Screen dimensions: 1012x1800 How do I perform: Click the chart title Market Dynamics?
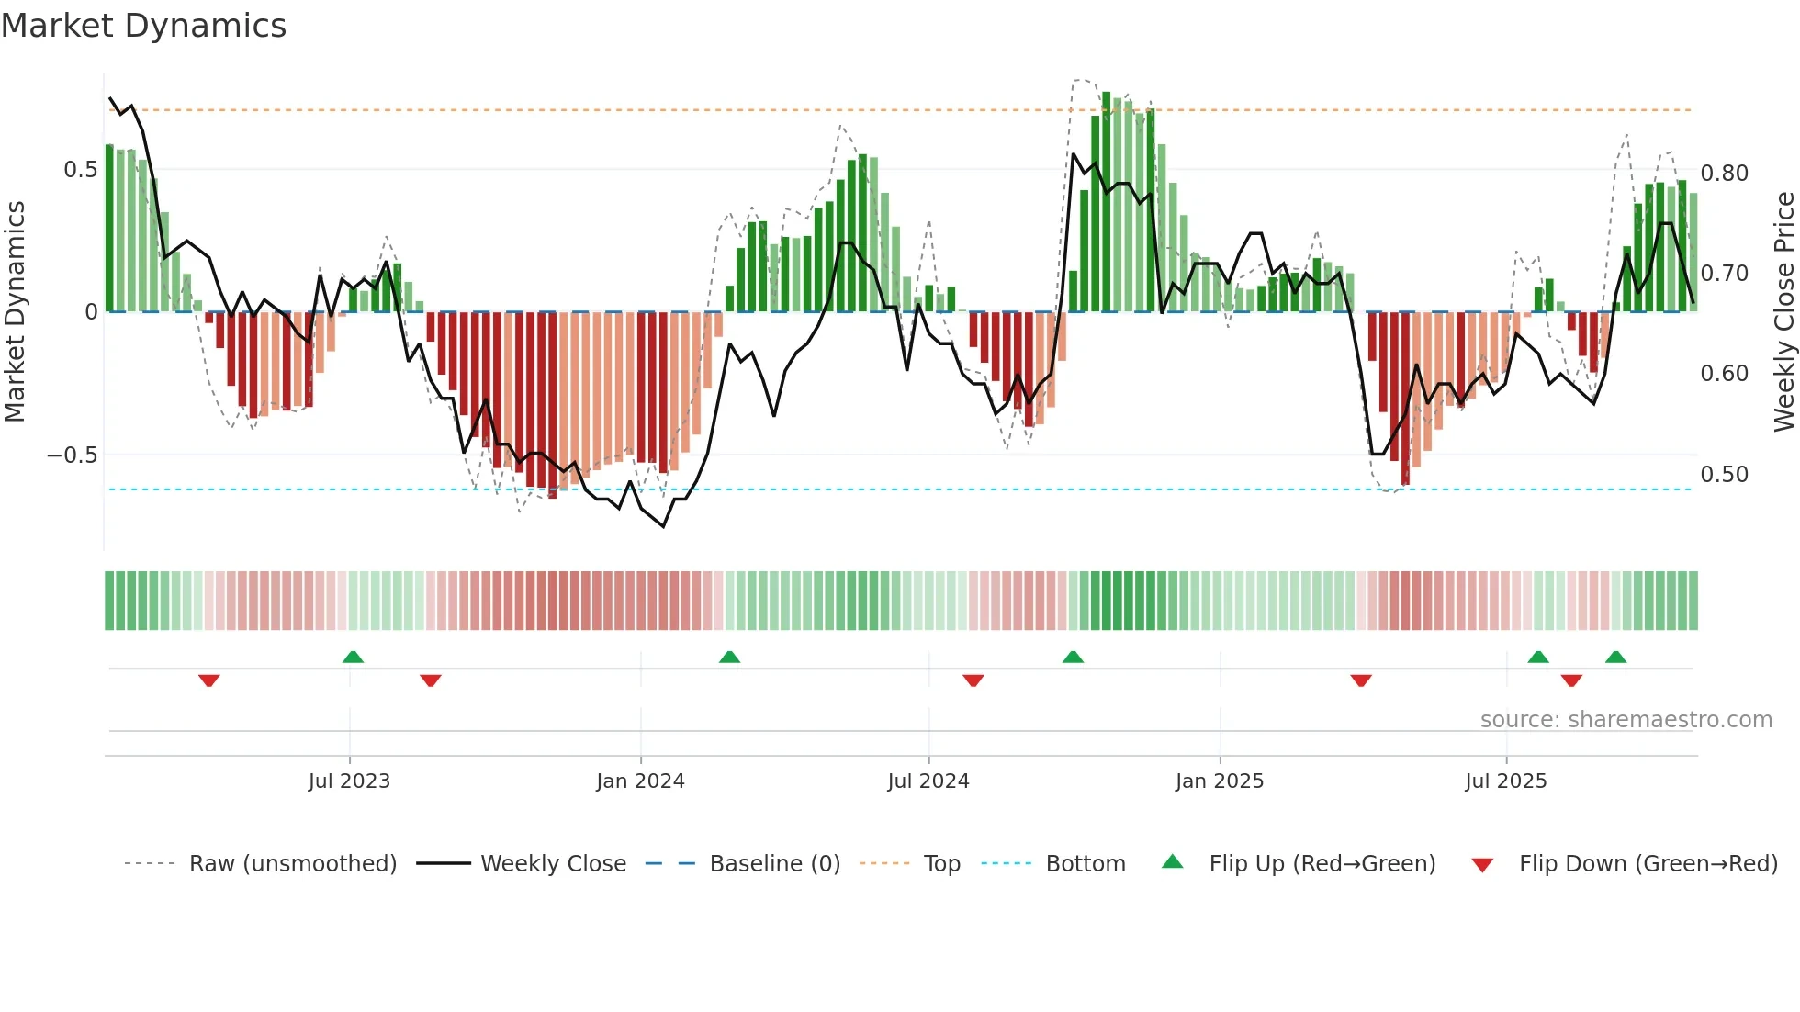(x=143, y=26)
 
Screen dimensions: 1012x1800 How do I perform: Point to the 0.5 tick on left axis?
(x=80, y=170)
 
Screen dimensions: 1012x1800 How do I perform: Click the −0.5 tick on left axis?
(x=72, y=455)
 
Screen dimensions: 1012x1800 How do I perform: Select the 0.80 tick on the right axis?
(x=1724, y=174)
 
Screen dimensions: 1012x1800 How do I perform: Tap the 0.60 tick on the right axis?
(x=1724, y=374)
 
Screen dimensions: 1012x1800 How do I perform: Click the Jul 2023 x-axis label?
(x=349, y=781)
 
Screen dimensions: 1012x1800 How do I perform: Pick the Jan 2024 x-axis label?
(x=640, y=781)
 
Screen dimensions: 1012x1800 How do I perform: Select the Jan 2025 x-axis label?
(x=1219, y=781)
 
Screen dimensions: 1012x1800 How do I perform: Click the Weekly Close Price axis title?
(x=1783, y=312)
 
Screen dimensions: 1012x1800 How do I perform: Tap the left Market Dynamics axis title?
(x=15, y=312)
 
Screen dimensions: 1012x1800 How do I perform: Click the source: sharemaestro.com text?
(x=1626, y=720)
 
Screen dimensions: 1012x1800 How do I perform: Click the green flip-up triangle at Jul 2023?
(x=353, y=657)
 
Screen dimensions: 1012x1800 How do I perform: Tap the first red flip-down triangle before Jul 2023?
(x=209, y=680)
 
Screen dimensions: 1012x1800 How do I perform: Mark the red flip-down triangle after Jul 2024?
(x=973, y=680)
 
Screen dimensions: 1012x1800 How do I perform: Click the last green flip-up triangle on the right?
(x=1615, y=657)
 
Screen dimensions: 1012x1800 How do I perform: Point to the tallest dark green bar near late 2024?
(x=1106, y=202)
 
